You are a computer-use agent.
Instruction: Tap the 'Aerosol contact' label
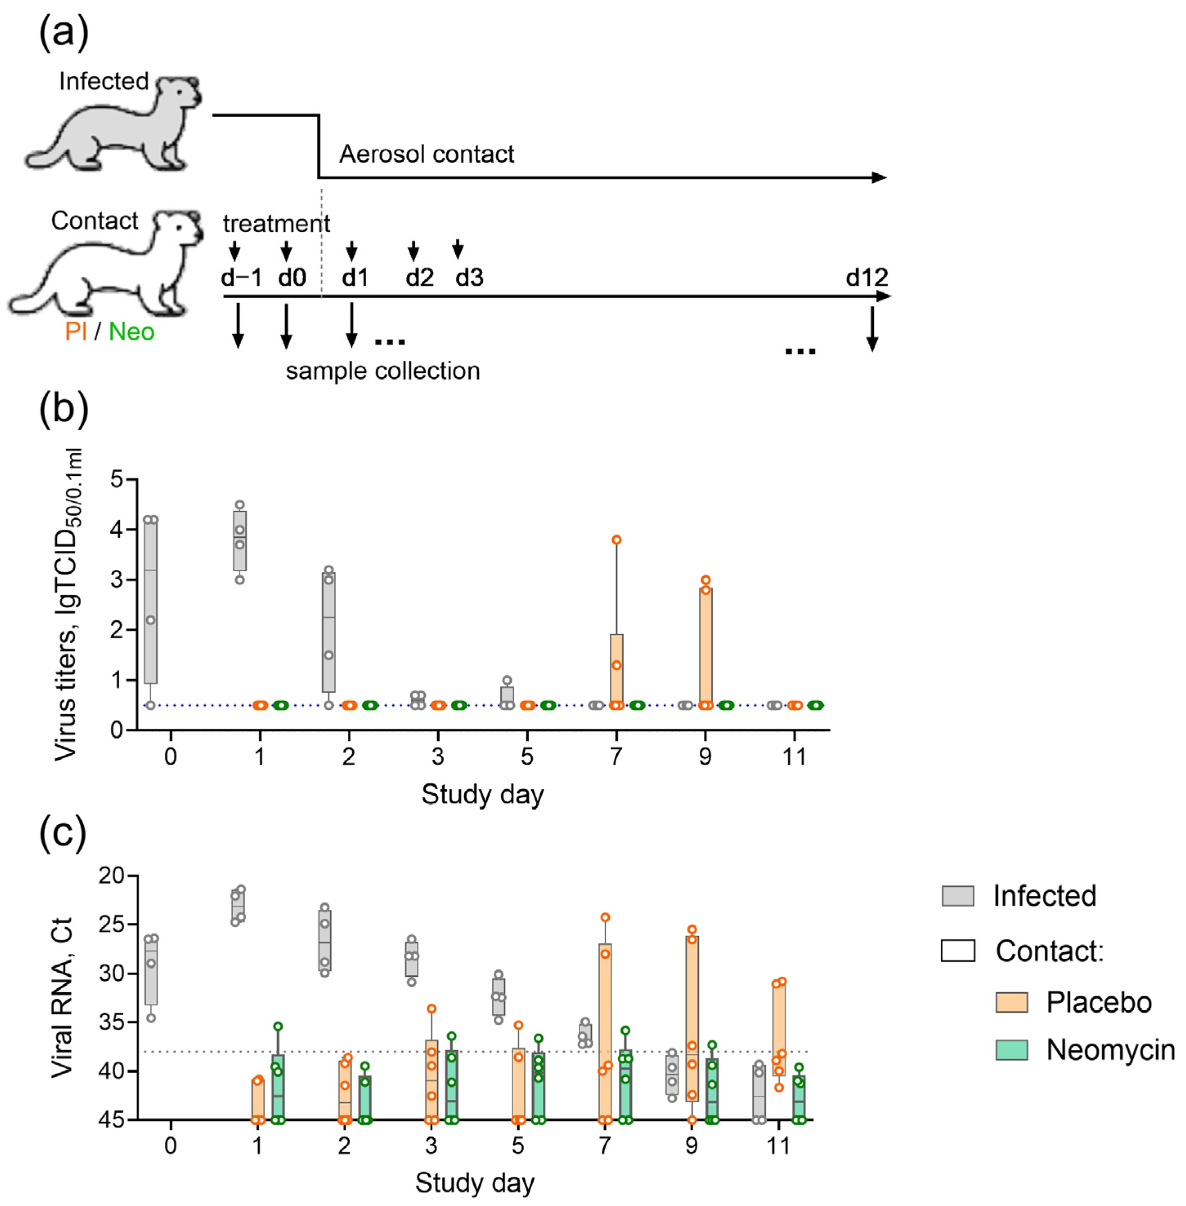pos(427,154)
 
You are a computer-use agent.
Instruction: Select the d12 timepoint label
pos(866,277)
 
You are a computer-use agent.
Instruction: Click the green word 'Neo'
pos(132,331)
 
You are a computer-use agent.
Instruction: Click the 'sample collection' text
pos(383,371)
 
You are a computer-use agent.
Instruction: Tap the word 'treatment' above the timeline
pos(277,223)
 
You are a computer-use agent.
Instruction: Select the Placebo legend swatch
pos(1011,1002)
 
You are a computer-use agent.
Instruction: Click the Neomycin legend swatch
pos(1011,1049)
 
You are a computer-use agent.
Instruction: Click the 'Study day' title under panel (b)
pos(482,795)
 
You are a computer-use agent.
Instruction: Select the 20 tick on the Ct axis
pos(112,876)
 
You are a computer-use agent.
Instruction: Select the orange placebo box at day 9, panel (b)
pos(705,645)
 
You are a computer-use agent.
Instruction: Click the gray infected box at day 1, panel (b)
pos(240,541)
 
